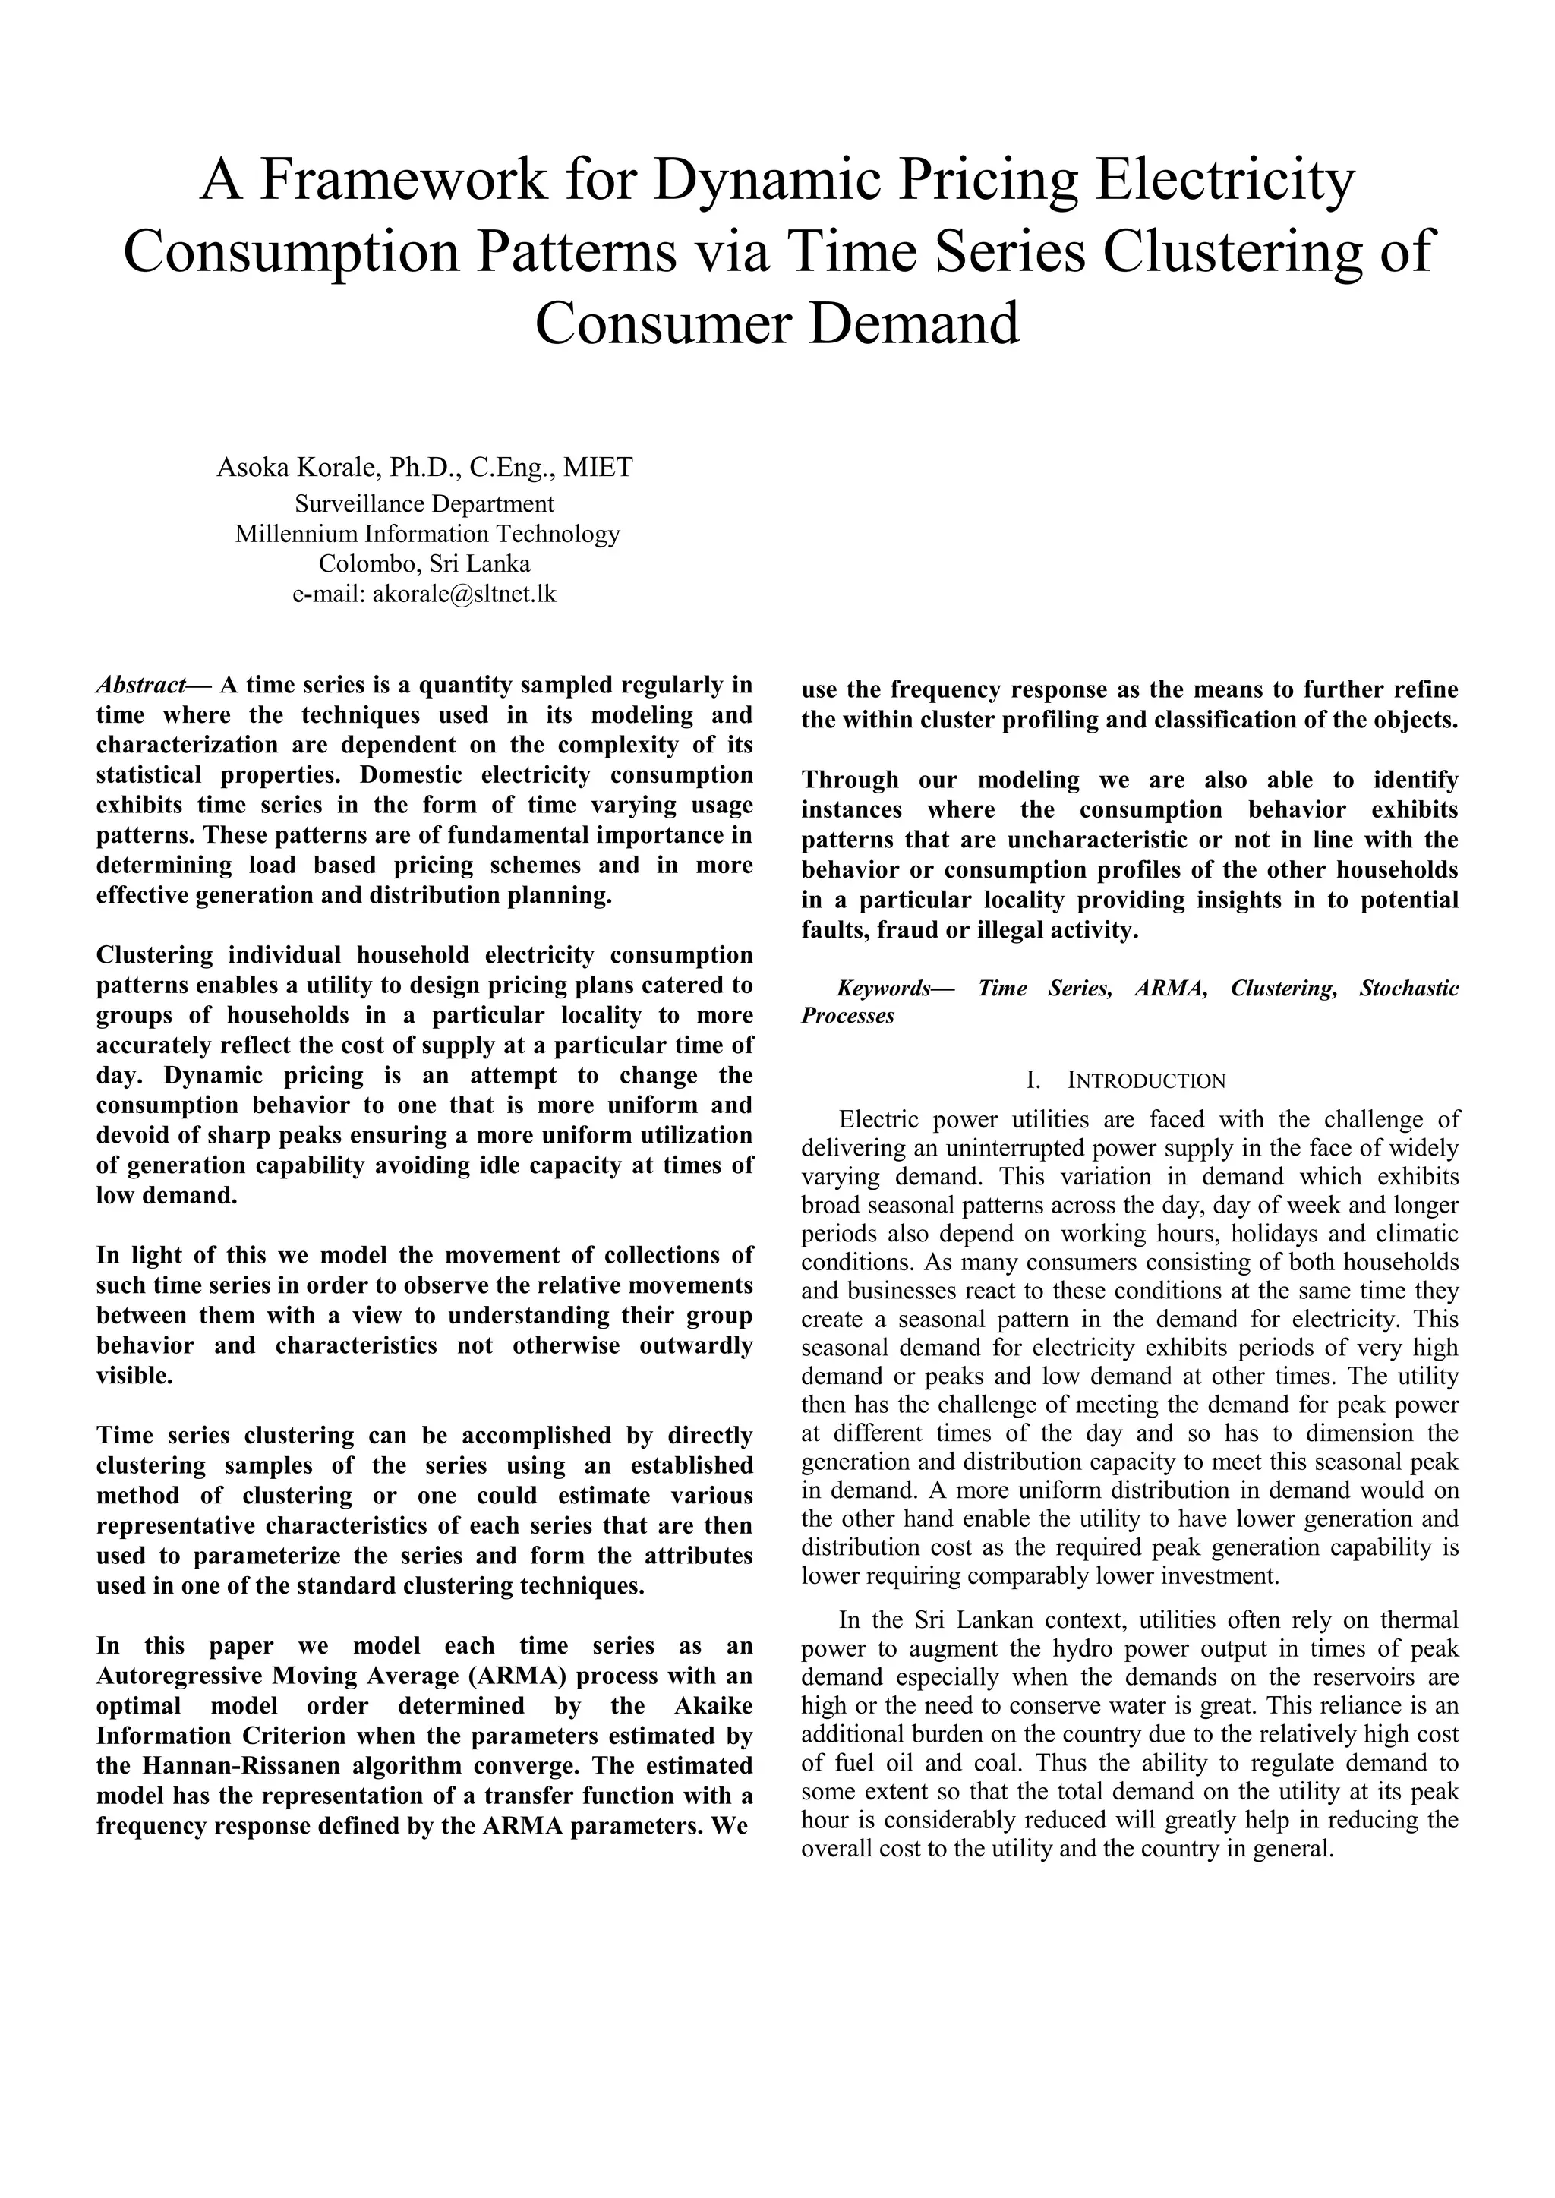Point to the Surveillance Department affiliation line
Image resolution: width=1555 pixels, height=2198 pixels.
click(x=424, y=503)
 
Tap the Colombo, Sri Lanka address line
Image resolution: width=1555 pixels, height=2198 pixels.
click(x=424, y=564)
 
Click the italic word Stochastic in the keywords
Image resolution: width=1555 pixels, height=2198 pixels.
click(x=1408, y=988)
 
